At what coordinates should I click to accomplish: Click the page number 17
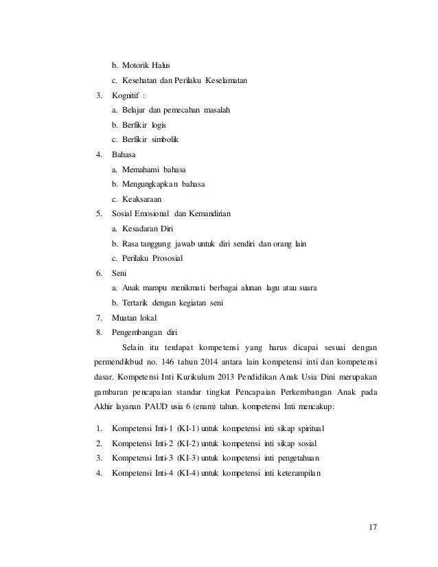click(373, 528)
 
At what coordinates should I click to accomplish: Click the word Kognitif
click(126, 95)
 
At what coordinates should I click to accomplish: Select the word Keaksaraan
click(142, 199)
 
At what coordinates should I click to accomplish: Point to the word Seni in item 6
click(119, 273)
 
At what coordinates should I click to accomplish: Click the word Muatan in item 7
click(126, 318)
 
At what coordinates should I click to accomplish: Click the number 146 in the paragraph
click(170, 362)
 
